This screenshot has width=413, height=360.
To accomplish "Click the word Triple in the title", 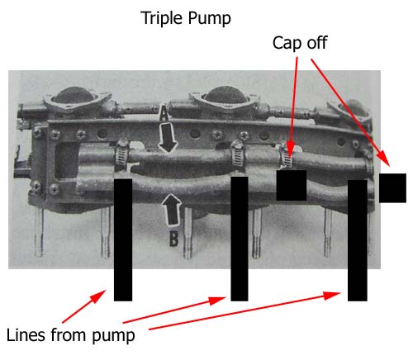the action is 162,19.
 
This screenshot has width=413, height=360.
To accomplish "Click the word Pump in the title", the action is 209,19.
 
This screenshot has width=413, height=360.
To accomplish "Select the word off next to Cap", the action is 317,43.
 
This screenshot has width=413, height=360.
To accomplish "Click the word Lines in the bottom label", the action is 26,335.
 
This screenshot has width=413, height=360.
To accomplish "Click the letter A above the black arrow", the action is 164,114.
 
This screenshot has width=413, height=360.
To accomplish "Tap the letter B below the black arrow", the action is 173,239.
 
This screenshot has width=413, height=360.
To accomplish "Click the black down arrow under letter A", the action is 168,138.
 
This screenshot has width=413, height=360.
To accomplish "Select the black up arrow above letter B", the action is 171,210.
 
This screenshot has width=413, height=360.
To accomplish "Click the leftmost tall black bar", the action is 123,239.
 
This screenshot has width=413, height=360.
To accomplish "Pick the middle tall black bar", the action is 240,239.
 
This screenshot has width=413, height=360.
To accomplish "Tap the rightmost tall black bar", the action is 358,240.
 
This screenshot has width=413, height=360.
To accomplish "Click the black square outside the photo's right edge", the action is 392,188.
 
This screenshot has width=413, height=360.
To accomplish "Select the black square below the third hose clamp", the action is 292,185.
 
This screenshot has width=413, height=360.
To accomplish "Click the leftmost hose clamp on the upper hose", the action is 122,154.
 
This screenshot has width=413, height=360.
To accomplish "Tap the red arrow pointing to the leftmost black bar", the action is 84,306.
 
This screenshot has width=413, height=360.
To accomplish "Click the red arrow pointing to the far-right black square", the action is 350,112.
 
